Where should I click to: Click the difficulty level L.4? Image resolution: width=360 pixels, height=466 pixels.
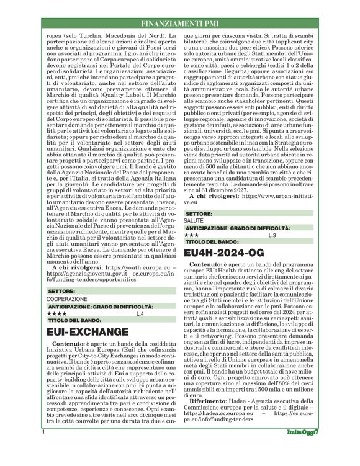point(140,315)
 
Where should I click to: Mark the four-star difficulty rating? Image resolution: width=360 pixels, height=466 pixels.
point(56,315)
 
